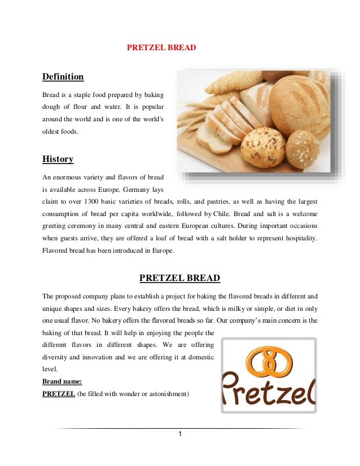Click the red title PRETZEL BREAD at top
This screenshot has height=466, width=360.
click(161, 48)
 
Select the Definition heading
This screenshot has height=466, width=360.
click(63, 77)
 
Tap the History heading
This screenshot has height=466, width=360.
click(58, 159)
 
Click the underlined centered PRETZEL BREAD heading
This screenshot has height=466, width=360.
click(179, 278)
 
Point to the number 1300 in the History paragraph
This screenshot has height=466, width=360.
click(94, 201)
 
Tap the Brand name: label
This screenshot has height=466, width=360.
click(62, 381)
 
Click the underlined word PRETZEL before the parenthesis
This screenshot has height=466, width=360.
click(59, 394)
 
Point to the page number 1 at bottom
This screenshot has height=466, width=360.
click(179, 434)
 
